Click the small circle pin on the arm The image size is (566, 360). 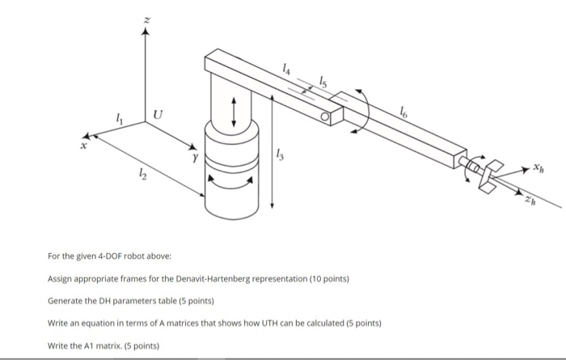click(x=325, y=118)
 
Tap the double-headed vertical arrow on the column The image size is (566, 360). click(x=234, y=111)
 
